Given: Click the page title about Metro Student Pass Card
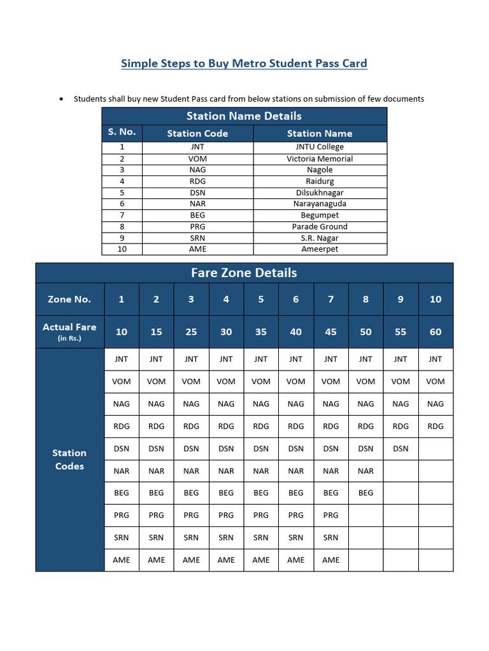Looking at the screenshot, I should point(244,63).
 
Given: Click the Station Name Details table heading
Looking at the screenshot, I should point(244,116).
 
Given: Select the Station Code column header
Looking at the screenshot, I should point(197,134).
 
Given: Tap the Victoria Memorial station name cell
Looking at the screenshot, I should point(320,158).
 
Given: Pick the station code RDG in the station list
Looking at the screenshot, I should point(197,181).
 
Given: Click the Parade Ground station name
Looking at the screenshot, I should point(320,226).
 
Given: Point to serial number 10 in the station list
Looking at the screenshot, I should point(122,249).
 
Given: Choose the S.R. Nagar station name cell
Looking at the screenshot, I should point(320,238).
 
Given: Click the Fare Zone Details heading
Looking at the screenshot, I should point(244,273).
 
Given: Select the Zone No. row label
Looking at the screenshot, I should point(69,299).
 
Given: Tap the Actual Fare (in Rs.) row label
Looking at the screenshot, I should point(69,331).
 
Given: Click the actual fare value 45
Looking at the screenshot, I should point(330,332).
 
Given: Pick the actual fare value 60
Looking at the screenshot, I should point(436,332).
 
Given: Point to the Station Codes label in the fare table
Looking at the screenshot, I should point(69,459).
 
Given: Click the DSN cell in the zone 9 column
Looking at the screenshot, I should point(400,448).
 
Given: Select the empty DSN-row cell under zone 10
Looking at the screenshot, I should point(436,448).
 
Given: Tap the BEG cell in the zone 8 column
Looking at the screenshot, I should point(365,493).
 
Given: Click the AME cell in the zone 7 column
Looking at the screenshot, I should point(330,559).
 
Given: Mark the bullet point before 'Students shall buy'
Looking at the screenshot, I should point(60,99).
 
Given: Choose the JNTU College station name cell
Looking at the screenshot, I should point(320,147).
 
